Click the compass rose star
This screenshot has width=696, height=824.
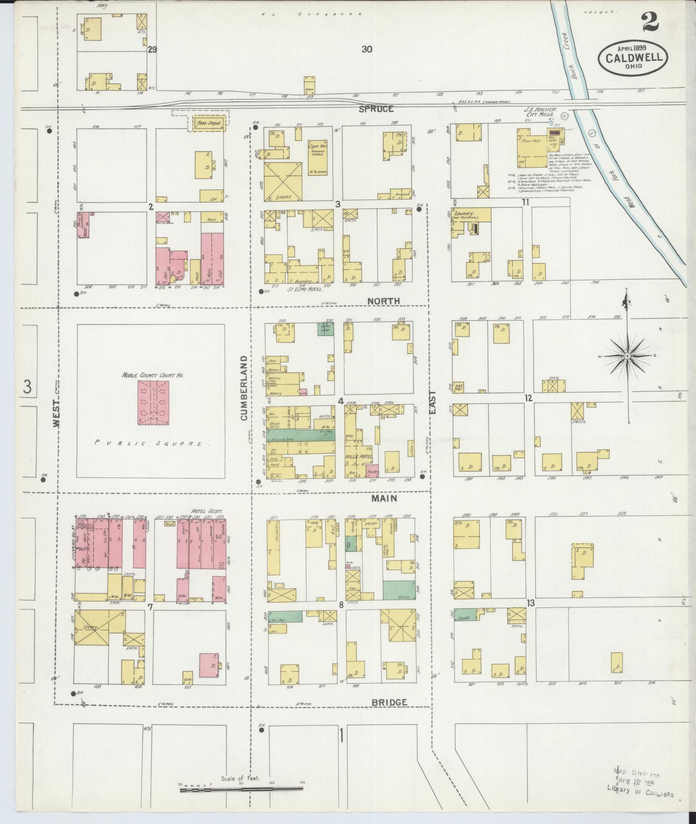coord(627,356)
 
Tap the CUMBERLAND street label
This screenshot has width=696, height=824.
coord(244,387)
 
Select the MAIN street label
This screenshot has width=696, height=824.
coord(383,499)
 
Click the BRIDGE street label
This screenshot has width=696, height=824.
coord(389,702)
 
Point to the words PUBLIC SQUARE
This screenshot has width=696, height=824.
coord(152,443)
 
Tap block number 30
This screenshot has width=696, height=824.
coord(366,49)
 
